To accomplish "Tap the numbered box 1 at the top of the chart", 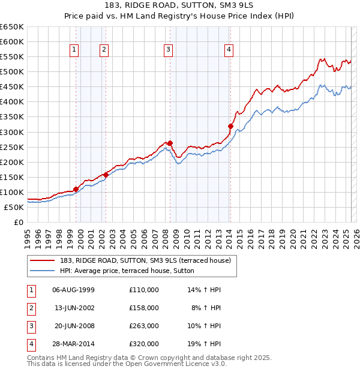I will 74,50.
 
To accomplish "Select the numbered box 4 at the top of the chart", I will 229,50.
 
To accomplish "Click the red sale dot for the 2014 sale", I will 230,126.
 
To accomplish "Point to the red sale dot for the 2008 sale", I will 170,143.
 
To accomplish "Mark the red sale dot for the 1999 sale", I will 76,189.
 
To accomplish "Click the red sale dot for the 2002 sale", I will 106,175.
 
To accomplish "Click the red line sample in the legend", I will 43,260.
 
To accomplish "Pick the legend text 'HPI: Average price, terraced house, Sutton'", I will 131,271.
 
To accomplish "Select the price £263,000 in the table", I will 144,326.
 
